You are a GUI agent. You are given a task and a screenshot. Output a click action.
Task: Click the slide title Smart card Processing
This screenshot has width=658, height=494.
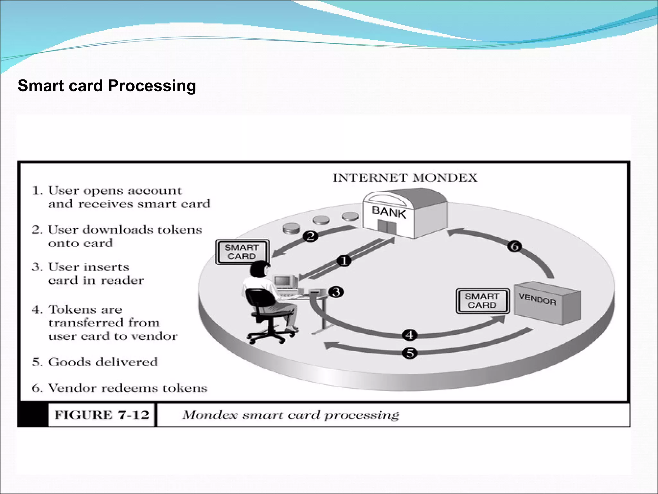(107, 86)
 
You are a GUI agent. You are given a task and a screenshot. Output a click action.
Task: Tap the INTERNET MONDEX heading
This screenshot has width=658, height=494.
(405, 178)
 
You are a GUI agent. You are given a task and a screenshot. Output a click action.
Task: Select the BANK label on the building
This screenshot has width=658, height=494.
(389, 212)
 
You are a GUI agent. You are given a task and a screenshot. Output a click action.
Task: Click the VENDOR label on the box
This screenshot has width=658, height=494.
(537, 299)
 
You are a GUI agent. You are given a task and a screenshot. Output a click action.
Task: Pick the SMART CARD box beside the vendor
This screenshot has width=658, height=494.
(482, 301)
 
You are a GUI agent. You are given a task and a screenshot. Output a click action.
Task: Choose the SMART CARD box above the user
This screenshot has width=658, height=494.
(242, 252)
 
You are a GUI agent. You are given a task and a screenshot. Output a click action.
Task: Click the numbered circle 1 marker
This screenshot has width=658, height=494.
(344, 261)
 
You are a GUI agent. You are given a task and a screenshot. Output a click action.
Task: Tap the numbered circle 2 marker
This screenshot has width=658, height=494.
(310, 236)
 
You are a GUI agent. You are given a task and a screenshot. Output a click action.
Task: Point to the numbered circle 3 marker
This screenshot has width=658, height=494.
(336, 292)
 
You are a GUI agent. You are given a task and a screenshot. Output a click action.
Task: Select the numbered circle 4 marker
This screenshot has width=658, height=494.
(410, 335)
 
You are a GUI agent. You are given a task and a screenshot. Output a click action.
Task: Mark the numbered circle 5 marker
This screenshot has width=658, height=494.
(410, 353)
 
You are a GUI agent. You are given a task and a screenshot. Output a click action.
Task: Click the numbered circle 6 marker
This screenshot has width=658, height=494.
(514, 247)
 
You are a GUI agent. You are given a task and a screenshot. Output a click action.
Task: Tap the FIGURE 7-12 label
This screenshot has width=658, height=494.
(102, 415)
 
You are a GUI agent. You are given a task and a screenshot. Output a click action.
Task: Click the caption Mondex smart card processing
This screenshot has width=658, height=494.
(291, 415)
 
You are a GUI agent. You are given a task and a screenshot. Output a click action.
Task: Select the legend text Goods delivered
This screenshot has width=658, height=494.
(103, 362)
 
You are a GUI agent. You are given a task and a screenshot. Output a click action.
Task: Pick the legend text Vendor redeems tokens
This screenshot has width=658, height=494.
(127, 388)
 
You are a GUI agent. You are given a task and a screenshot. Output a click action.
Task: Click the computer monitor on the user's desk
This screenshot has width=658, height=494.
(283, 281)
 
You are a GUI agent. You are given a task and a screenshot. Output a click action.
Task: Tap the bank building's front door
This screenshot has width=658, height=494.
(386, 227)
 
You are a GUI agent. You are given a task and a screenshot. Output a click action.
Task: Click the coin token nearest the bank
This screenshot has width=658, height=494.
(350, 216)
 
